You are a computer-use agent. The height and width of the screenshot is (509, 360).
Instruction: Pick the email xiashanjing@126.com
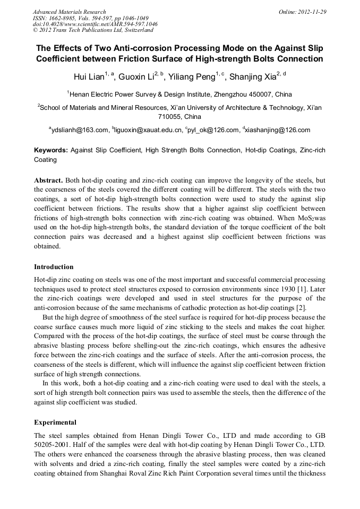point(278,130)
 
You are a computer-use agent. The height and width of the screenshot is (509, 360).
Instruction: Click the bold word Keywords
point(51,150)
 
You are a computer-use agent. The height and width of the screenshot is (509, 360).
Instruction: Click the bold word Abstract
point(49,180)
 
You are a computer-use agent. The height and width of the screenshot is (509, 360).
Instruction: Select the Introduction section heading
point(54,266)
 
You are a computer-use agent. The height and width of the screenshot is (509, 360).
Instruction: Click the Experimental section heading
point(55,422)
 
